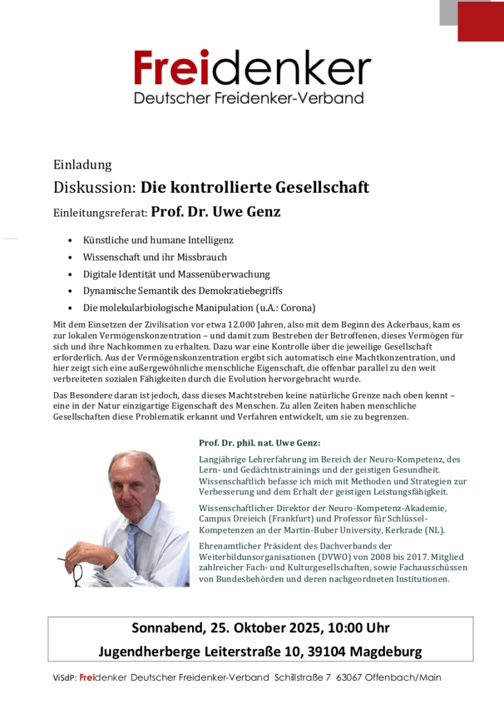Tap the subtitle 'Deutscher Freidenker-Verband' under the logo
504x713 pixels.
[249, 98]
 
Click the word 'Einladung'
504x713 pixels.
[82, 165]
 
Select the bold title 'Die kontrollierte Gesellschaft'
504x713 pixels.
[255, 187]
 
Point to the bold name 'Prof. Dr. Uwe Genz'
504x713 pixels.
[216, 212]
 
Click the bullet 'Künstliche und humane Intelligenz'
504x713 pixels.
[158, 240]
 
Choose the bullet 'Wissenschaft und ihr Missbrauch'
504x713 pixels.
[155, 257]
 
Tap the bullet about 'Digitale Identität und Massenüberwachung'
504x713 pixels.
[176, 274]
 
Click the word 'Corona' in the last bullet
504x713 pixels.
[297, 308]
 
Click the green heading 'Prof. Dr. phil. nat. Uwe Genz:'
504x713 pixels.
[260, 443]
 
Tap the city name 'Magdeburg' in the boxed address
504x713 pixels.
[386, 652]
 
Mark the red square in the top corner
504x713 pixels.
[480, 21]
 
